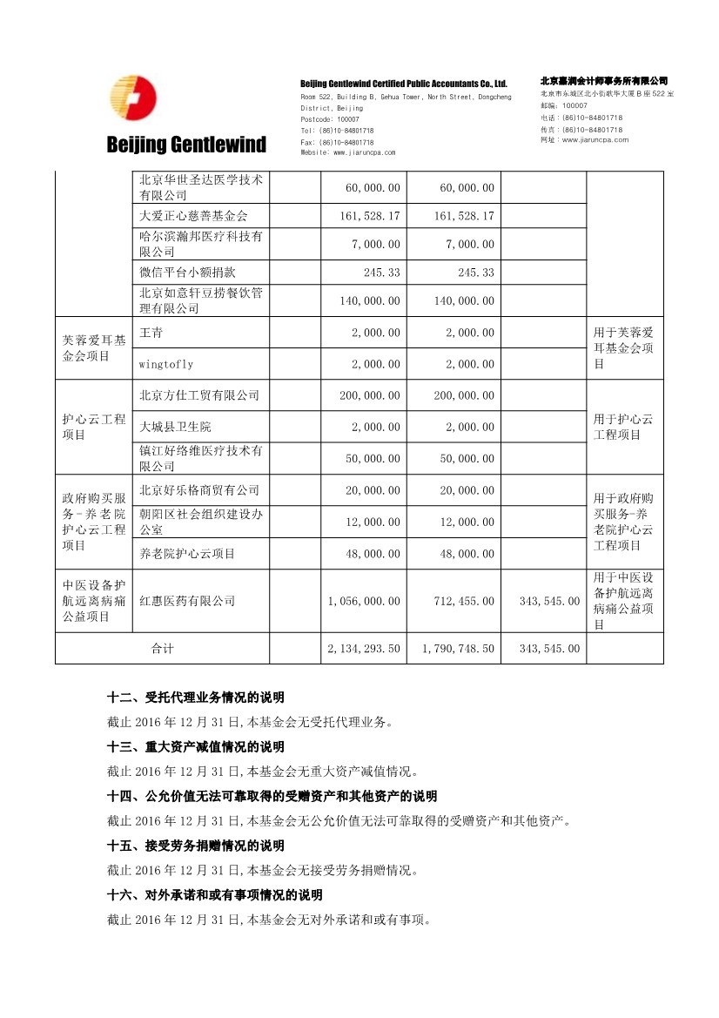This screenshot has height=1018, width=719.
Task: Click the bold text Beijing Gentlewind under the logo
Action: (186, 144)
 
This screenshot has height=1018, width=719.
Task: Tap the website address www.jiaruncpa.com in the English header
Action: (347, 152)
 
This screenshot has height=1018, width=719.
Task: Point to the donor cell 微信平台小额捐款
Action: (181, 273)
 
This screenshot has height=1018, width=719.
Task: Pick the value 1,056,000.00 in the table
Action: (364, 601)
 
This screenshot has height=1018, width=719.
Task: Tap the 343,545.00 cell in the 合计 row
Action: (548, 649)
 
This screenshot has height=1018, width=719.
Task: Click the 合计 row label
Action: (163, 649)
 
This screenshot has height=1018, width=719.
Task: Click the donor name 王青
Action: (151, 333)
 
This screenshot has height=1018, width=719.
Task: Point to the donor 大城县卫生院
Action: (175, 427)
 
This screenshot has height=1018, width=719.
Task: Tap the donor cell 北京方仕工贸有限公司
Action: (199, 395)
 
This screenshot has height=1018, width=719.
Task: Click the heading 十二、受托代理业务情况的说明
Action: (196, 698)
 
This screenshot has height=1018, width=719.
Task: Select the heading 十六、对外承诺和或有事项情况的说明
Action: (215, 895)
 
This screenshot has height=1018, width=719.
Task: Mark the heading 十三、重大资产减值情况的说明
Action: (196, 747)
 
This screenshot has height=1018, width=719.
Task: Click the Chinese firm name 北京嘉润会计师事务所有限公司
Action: (603, 80)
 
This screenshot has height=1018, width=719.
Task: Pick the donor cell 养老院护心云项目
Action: (187, 554)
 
